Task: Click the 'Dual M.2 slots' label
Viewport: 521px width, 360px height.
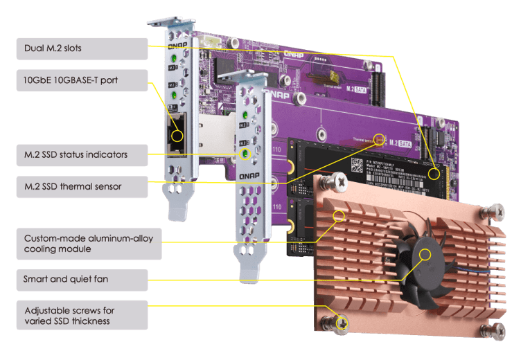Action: [82, 48]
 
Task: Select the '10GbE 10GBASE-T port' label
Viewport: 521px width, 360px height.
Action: [82, 80]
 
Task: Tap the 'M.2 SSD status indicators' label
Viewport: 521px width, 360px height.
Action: [82, 154]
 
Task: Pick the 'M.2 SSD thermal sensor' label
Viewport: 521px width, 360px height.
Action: [82, 186]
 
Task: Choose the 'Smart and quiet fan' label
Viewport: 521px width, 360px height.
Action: [82, 280]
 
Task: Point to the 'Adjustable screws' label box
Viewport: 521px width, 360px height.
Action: [82, 315]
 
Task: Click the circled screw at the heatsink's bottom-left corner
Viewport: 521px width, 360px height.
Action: [341, 321]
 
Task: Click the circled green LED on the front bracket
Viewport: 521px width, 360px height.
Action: [244, 153]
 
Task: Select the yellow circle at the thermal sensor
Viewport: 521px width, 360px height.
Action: [379, 137]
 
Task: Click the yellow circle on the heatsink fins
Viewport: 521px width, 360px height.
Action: [339, 216]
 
